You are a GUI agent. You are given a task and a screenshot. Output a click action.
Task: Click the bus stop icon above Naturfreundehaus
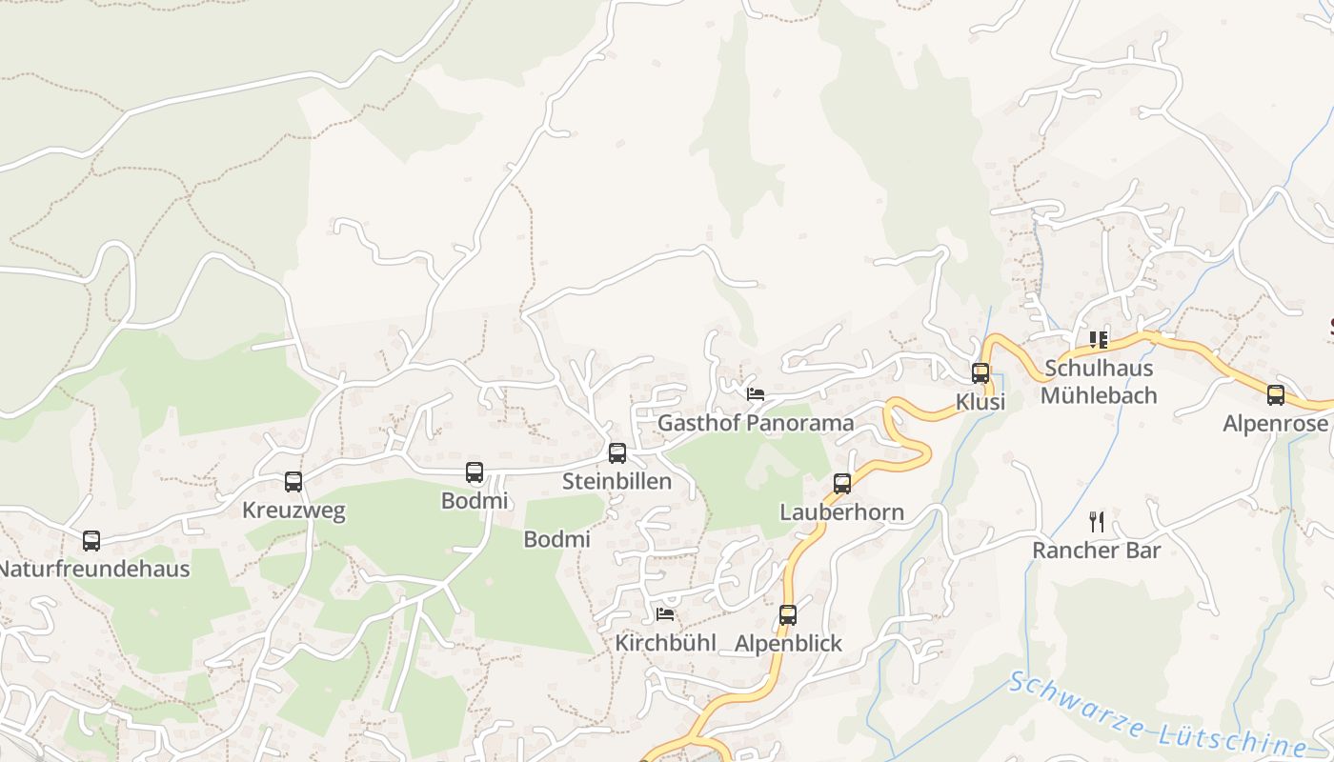click(91, 541)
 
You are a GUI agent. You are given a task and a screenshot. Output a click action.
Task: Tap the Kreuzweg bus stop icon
click(293, 482)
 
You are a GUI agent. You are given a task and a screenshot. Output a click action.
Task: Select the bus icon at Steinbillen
click(617, 453)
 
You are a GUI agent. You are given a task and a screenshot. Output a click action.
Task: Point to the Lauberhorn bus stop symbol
click(842, 484)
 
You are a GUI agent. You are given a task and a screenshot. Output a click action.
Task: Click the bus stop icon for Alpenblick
click(787, 615)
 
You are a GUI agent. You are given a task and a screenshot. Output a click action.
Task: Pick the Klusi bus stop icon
click(980, 373)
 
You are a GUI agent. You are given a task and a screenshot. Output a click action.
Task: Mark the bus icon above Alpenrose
click(1276, 395)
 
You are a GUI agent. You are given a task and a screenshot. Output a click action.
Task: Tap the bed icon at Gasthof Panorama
click(756, 394)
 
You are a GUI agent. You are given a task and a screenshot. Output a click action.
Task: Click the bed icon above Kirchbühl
click(665, 614)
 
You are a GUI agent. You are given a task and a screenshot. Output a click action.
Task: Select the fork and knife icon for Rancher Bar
click(1097, 522)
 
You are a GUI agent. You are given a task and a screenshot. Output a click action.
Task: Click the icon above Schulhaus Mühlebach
click(1098, 339)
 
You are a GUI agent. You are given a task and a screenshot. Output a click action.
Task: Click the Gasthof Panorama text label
click(756, 423)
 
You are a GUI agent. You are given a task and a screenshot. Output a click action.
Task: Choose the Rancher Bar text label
click(1097, 551)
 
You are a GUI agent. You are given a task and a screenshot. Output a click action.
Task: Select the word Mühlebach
click(1099, 395)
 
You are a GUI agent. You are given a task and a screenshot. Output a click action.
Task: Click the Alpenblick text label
click(788, 644)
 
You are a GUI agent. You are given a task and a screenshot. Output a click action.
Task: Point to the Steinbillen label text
click(616, 482)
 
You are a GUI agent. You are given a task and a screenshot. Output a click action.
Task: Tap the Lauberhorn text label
click(841, 512)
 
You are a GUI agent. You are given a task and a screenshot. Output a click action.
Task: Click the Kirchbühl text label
click(665, 643)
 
